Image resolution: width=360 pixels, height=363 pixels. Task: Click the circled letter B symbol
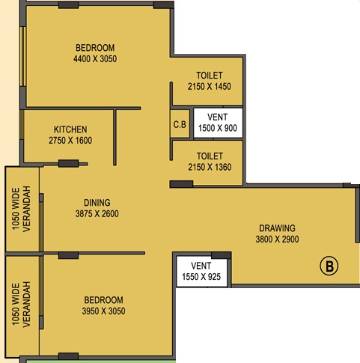click(x=329, y=266)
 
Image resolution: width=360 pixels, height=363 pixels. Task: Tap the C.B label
click(x=180, y=124)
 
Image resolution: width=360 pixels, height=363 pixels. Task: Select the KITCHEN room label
click(x=70, y=129)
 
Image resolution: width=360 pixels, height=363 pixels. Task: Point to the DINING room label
click(x=97, y=203)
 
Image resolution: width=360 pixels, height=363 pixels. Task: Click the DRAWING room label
click(x=277, y=228)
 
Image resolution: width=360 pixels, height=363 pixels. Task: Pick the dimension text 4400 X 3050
click(x=95, y=59)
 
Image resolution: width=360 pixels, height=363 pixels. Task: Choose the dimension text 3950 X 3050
click(x=103, y=311)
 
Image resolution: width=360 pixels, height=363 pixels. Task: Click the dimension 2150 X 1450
click(x=210, y=87)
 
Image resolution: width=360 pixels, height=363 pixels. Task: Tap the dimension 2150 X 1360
click(x=210, y=167)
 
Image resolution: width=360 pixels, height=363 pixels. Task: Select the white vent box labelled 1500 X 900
click(x=218, y=123)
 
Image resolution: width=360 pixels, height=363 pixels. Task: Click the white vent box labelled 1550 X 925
click(x=201, y=271)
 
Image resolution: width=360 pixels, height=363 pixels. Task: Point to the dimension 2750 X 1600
click(x=70, y=141)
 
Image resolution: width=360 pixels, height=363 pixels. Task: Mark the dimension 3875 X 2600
click(x=97, y=214)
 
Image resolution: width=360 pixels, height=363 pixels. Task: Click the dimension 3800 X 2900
click(x=277, y=240)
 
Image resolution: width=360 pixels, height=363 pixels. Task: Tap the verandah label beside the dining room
click(x=21, y=209)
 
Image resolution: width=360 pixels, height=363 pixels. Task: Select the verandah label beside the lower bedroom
click(x=21, y=305)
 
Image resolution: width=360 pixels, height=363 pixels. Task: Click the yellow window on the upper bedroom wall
click(x=23, y=57)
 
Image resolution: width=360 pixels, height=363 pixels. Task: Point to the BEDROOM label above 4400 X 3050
click(x=95, y=48)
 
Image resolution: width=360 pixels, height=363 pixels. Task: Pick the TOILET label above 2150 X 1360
click(x=210, y=156)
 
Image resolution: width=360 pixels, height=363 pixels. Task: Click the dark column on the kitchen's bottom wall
click(x=69, y=164)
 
